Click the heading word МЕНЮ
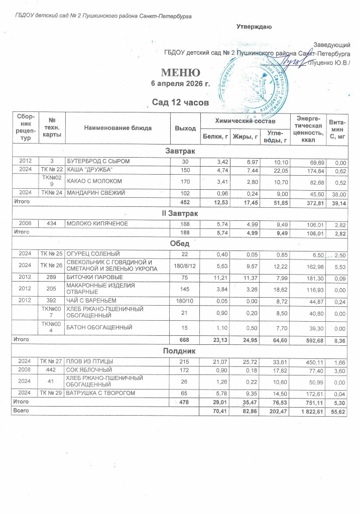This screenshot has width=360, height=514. pyautogui.click(x=180, y=72)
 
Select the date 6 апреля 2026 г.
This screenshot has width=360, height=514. pyautogui.click(x=180, y=83)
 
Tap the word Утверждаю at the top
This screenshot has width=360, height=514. pyautogui.click(x=255, y=27)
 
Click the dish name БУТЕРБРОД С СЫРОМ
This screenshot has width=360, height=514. pyautogui.click(x=98, y=161)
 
